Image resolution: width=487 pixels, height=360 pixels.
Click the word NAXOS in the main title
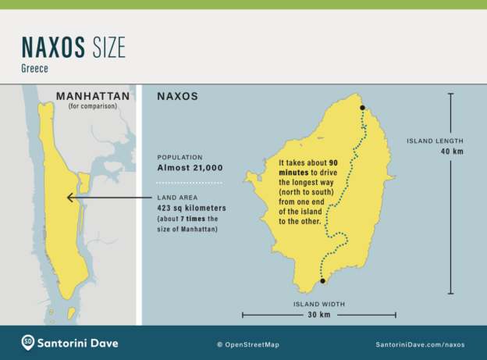[x=54, y=49]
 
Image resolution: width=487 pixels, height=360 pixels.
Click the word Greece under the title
[x=36, y=69]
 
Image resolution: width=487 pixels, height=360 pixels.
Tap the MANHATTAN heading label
[x=92, y=97]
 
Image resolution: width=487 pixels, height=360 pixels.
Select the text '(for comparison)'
[x=92, y=106]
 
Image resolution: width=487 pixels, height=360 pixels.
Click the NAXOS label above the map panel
[x=177, y=97]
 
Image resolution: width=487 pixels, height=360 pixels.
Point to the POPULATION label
[x=183, y=157]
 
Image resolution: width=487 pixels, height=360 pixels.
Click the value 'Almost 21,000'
[x=190, y=168]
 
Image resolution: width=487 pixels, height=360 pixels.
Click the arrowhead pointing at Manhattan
[x=71, y=198]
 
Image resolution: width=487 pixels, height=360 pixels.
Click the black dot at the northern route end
[x=362, y=108]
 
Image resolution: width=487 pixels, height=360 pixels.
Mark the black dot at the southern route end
[x=322, y=280]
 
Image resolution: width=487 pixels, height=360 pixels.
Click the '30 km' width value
[x=319, y=315]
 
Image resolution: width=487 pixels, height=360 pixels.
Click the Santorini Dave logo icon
[x=28, y=342]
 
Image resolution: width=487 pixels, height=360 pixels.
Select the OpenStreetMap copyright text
[x=247, y=344]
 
